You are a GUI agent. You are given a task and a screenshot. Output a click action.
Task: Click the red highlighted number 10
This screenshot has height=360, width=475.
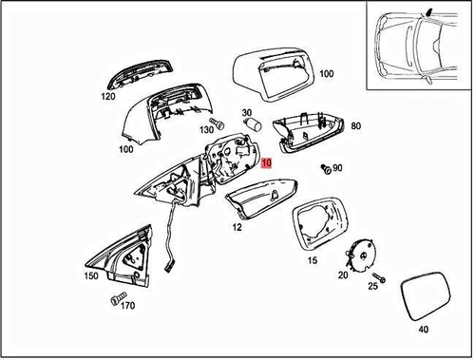tap(267, 162)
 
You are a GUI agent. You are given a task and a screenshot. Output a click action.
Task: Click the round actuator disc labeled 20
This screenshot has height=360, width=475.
tap(356, 255)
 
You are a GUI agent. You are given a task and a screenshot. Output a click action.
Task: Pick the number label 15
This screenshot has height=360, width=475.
tap(311, 260)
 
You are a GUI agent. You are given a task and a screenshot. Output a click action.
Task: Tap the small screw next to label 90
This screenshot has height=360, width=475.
tap(326, 169)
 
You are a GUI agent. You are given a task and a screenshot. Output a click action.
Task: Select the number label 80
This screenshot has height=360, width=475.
tap(355, 125)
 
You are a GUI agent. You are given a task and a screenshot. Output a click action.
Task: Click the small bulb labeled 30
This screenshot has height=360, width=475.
tap(254, 124)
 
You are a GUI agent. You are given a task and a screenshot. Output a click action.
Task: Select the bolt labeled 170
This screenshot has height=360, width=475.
tap(117, 300)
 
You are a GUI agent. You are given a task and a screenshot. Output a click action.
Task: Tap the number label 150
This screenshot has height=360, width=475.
tap(91, 276)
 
